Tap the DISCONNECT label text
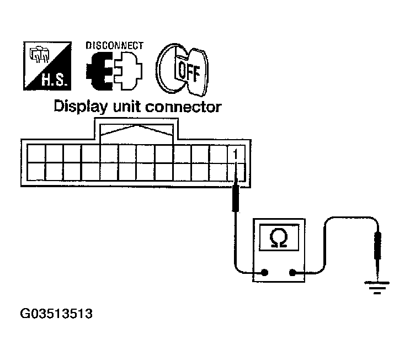point(115,45)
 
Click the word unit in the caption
point(130,107)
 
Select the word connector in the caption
point(186,107)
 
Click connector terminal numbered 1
point(236,153)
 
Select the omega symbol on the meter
point(277,238)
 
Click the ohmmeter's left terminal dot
point(265,272)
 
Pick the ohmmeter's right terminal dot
point(292,272)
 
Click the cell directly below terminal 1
point(236,171)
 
